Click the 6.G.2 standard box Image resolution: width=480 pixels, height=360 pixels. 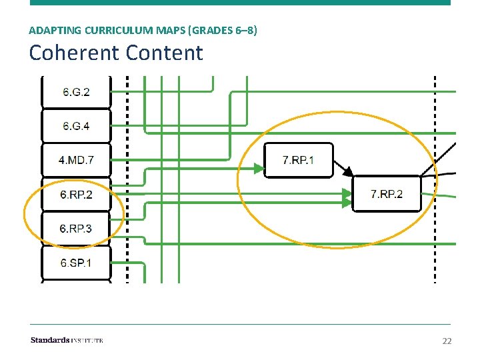tap(75, 92)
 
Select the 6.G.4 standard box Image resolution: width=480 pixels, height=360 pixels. tap(75, 126)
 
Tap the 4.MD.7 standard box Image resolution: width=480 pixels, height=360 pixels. tap(75, 160)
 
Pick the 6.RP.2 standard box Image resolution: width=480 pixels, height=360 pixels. tap(75, 195)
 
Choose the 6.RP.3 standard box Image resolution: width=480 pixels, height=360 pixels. tap(75, 229)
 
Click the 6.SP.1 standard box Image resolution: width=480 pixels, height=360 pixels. tap(75, 263)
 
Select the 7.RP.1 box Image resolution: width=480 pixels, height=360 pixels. tap(298, 160)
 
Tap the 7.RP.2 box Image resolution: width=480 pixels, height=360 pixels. tap(387, 194)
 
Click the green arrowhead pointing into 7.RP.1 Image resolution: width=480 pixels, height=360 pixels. tap(257, 169)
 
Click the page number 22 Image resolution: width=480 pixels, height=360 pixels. tap(447, 341)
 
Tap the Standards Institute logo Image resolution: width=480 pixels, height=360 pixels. tap(67, 341)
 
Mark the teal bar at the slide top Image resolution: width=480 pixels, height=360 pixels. tap(240, 3)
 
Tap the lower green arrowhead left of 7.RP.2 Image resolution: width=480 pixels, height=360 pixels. tap(346, 202)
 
